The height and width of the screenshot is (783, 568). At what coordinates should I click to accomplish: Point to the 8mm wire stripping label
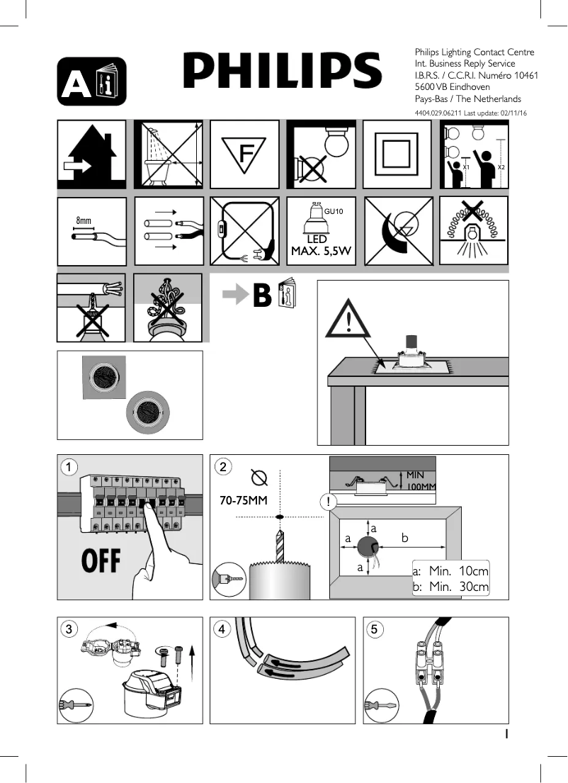click(84, 220)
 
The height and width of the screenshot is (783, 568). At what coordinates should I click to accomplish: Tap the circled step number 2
click(223, 467)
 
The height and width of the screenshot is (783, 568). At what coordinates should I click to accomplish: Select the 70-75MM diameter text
click(243, 501)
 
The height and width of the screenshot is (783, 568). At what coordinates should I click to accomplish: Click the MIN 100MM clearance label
click(421, 480)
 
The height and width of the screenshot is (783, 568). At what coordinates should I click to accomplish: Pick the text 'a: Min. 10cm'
click(450, 571)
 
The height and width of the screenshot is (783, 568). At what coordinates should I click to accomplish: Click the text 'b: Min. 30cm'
click(450, 587)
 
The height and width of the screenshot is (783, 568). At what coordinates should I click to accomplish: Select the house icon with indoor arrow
click(91, 154)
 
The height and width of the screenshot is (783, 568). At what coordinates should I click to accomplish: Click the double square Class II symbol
click(397, 154)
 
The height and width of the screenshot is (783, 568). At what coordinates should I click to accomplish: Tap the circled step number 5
click(375, 629)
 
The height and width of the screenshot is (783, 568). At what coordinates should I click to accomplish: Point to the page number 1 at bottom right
click(506, 735)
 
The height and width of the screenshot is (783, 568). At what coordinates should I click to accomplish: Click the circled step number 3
click(69, 629)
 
